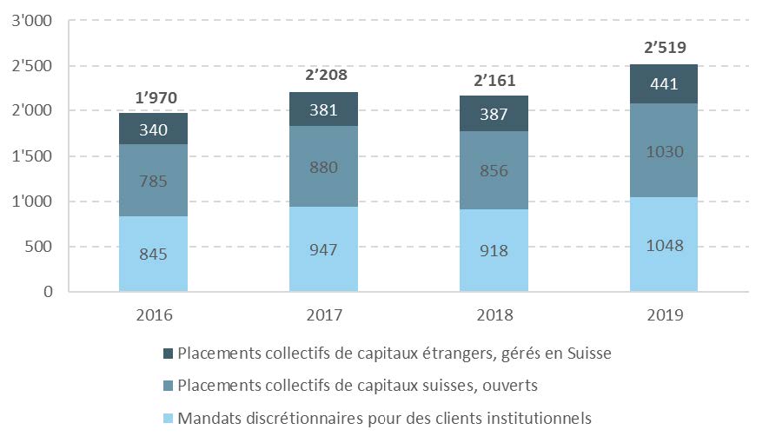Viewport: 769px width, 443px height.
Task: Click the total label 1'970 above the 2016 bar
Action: [154, 98]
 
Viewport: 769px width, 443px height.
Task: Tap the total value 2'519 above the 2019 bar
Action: [664, 49]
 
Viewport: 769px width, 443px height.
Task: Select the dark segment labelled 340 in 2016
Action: [154, 129]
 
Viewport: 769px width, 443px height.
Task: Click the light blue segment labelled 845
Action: [154, 254]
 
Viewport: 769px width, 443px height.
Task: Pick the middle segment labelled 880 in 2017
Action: [323, 167]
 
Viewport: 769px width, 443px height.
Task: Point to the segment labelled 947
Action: [323, 250]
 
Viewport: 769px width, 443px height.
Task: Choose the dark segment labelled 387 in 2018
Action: [494, 114]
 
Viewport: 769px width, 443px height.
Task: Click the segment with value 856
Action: [494, 171]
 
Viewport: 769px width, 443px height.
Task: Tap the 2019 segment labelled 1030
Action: [664, 151]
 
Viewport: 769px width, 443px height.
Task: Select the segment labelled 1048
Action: [664, 245]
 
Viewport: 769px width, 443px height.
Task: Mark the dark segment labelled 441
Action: [664, 84]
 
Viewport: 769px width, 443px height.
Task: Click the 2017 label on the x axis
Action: [323, 314]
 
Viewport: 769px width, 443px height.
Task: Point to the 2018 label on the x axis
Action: [494, 314]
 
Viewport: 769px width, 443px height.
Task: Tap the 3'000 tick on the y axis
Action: [31, 21]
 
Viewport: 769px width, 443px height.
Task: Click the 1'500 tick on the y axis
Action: [31, 156]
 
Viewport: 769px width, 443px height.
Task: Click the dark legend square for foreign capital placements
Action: [166, 354]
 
